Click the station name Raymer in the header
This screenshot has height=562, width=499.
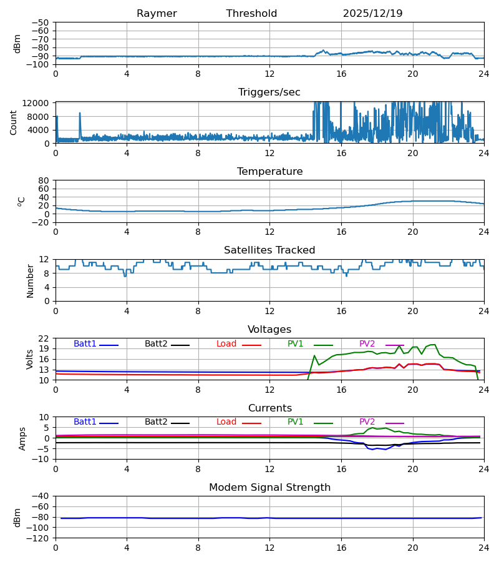pos(157,14)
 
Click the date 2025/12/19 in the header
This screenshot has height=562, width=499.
pos(372,14)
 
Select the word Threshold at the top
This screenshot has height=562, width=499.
pos(251,14)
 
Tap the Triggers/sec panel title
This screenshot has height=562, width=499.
pos(269,92)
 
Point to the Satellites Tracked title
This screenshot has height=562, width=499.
pos(269,250)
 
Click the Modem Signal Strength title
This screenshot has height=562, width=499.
pos(269,488)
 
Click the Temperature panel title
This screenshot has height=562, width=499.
pos(269,172)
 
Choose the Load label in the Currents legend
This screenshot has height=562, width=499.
pos(226,422)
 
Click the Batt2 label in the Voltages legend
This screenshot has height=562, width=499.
pos(156,344)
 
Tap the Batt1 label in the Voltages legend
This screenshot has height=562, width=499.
pos(85,344)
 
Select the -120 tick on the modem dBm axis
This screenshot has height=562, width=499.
pos(41,538)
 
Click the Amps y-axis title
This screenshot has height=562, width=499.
pos(23,438)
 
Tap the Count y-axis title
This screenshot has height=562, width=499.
pos(14,122)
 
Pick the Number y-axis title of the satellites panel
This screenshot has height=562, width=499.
pos(30,280)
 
